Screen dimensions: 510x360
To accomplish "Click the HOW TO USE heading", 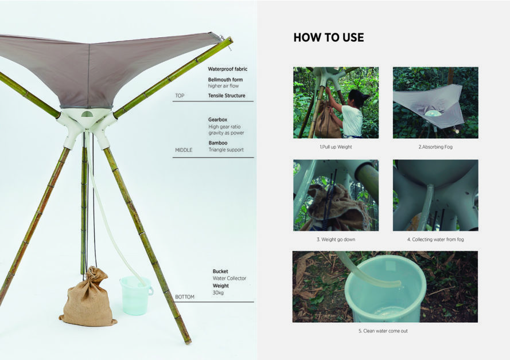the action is [x=329, y=37].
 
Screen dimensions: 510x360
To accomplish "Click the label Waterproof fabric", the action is [x=228, y=69].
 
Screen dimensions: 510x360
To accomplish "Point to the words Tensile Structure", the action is [x=227, y=96].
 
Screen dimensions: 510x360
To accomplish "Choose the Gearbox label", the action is [x=217, y=120].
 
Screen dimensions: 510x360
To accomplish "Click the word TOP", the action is [x=180, y=96].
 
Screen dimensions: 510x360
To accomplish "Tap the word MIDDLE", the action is [x=184, y=150].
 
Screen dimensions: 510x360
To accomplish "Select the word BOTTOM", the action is [x=185, y=296].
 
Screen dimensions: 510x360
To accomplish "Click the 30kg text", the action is [x=218, y=293].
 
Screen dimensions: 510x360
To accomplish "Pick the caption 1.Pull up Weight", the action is [x=336, y=147].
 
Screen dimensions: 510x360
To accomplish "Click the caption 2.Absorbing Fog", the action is [x=435, y=147].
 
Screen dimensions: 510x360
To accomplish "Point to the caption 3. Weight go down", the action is [x=336, y=240].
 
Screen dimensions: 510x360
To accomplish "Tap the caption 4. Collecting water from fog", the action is [x=435, y=240].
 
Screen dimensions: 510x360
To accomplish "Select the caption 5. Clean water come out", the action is [x=383, y=331].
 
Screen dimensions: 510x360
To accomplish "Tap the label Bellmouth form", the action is [x=225, y=80].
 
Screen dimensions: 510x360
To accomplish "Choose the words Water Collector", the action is [x=229, y=278].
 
